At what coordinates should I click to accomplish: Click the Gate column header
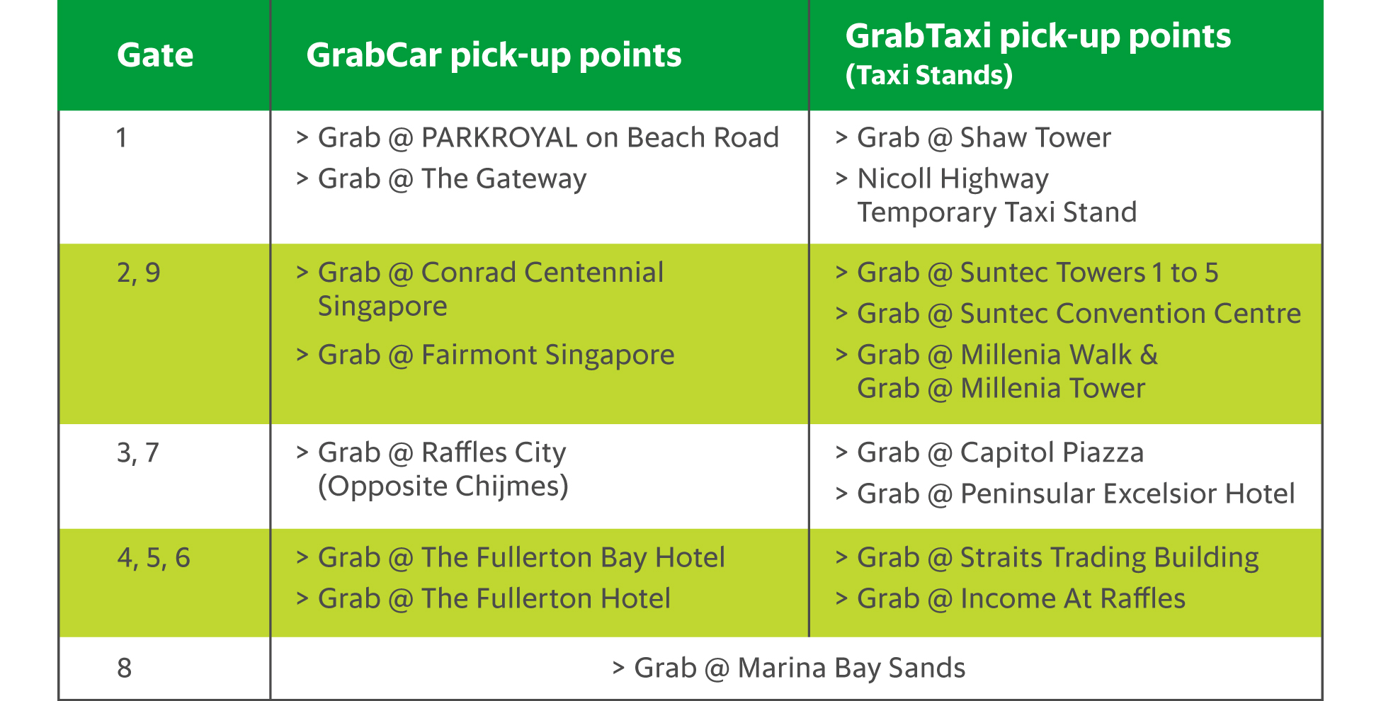click(x=155, y=55)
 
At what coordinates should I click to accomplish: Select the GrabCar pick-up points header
click(x=494, y=55)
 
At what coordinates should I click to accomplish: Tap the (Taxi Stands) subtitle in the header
click(x=929, y=75)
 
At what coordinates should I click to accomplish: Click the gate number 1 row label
click(x=122, y=137)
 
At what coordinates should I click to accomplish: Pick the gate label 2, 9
click(x=139, y=273)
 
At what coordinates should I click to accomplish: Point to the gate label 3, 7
click(x=138, y=452)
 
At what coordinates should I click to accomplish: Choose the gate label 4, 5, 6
click(x=154, y=558)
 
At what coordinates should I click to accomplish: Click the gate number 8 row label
click(x=125, y=668)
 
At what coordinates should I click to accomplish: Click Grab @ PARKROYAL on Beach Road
click(x=548, y=137)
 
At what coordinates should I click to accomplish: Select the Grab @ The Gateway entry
click(x=452, y=179)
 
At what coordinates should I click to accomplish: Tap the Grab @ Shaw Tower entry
click(x=984, y=137)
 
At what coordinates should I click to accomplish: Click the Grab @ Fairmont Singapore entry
click(x=496, y=355)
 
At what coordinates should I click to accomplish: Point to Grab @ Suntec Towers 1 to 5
click(x=1038, y=273)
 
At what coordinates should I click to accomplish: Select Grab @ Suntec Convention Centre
click(x=1079, y=314)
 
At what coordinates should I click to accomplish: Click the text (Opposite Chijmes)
click(x=443, y=486)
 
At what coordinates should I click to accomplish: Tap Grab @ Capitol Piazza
click(x=1000, y=452)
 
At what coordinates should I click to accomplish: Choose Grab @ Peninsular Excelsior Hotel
click(x=1076, y=494)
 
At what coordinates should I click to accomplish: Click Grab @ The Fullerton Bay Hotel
click(x=521, y=558)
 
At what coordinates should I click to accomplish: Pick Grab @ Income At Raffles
click(x=1021, y=599)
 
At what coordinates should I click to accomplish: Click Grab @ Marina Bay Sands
click(x=800, y=668)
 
